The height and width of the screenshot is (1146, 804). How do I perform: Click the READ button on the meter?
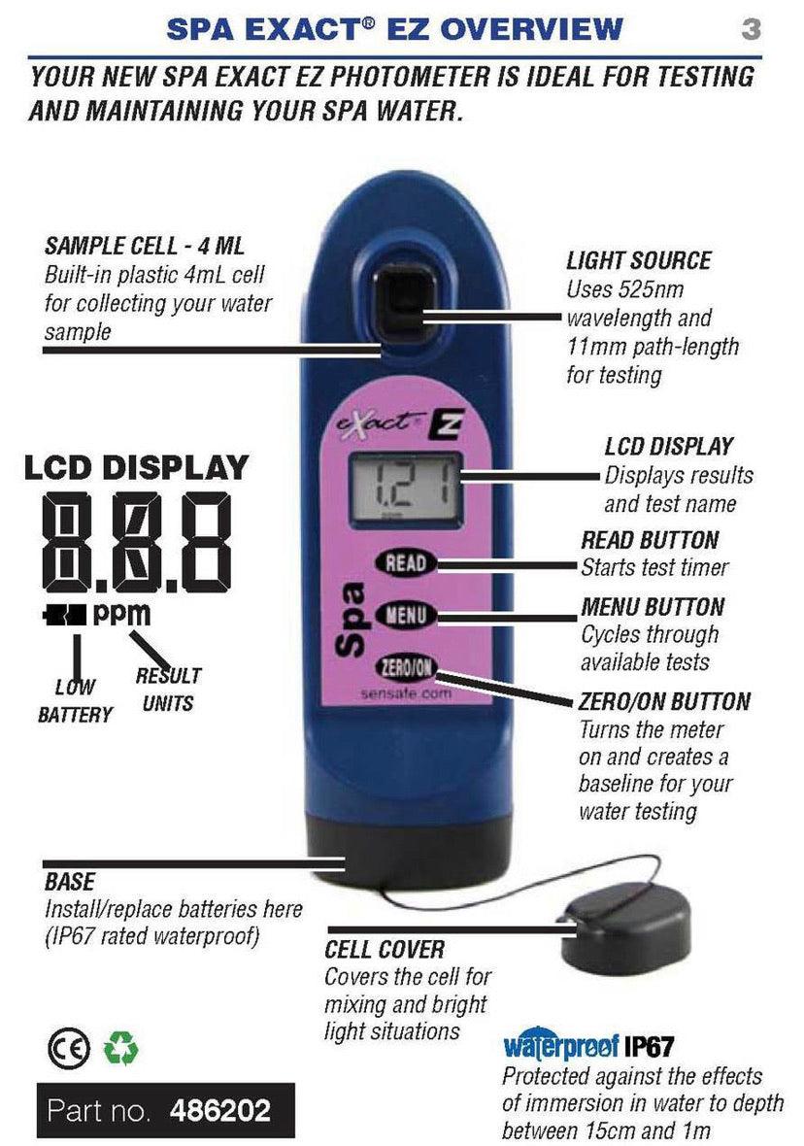coord(405,562)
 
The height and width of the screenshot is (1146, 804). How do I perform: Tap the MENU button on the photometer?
coord(406,615)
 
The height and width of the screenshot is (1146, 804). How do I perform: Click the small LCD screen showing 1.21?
coord(406,488)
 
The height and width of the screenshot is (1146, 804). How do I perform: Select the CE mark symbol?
coord(69,1049)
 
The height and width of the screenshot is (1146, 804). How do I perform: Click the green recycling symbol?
coord(120,1048)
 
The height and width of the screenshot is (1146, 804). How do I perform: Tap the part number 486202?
coord(220,1111)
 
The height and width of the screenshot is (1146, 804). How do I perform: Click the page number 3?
coord(751,29)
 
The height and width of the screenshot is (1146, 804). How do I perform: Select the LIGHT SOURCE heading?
coord(639,261)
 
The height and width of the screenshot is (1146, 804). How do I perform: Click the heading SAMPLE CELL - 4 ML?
coord(145,246)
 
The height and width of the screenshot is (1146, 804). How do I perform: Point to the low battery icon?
coord(64,616)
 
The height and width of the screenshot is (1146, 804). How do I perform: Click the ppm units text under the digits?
coord(121,615)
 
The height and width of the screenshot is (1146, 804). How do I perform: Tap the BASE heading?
coord(70,882)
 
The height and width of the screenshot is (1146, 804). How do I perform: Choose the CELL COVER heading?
coord(385,950)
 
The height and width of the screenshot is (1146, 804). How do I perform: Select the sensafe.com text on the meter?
coord(407,692)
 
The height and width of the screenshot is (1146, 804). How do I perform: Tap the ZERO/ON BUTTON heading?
coord(664,701)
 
